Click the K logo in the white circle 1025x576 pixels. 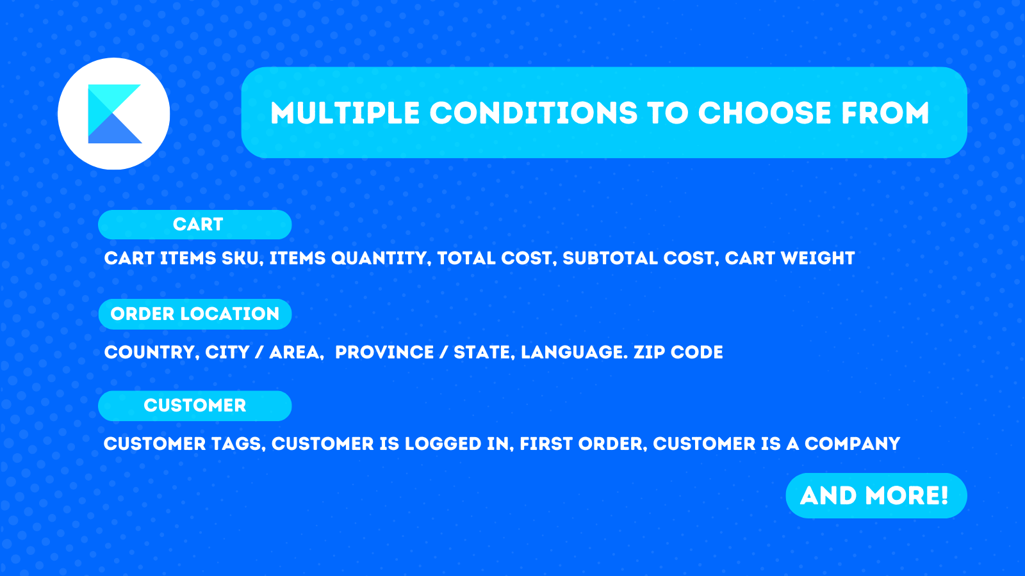[x=115, y=114]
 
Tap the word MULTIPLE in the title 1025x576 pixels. [x=345, y=113]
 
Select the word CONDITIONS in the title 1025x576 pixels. [x=534, y=113]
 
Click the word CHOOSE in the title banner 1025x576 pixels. [x=765, y=113]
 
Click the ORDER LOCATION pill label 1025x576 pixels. [x=195, y=314]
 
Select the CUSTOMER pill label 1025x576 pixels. [x=195, y=406]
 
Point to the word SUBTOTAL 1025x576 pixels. [x=611, y=259]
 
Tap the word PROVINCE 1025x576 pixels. [x=384, y=353]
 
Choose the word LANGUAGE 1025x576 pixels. [x=574, y=353]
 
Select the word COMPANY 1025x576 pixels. [x=853, y=444]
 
